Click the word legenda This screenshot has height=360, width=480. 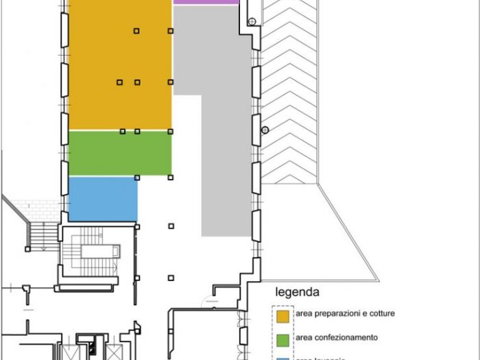297,291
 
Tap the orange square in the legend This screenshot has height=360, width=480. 283,315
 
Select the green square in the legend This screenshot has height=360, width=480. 283,338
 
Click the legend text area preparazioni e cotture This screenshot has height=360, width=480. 345,314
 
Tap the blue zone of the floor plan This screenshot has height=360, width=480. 103,199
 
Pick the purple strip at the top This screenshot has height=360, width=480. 206,2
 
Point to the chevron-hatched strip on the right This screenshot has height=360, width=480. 288,89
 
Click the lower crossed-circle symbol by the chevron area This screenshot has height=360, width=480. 265,130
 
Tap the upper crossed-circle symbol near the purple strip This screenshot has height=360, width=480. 252,23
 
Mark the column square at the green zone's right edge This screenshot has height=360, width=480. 171,177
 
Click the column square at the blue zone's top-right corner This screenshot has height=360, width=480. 137,178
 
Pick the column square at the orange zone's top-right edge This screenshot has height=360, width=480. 171,30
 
